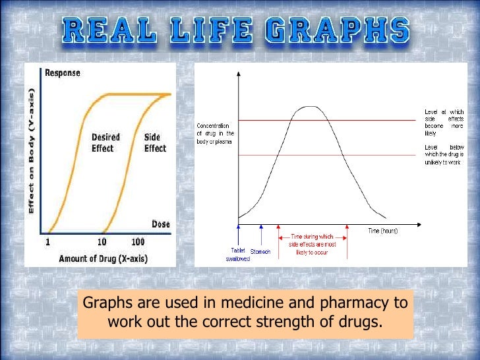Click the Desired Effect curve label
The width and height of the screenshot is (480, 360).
[105, 142]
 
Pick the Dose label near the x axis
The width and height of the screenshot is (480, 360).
[161, 224]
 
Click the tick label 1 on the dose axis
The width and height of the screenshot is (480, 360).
[48, 242]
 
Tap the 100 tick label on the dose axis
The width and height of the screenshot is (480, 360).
[138, 242]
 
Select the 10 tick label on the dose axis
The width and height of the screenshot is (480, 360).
[102, 242]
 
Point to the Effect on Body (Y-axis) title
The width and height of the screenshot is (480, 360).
[32, 151]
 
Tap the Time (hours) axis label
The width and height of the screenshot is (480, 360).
[383, 230]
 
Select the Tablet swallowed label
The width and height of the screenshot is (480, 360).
[237, 255]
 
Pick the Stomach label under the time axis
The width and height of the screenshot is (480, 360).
[260, 251]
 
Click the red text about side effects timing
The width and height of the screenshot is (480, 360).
[313, 244]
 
